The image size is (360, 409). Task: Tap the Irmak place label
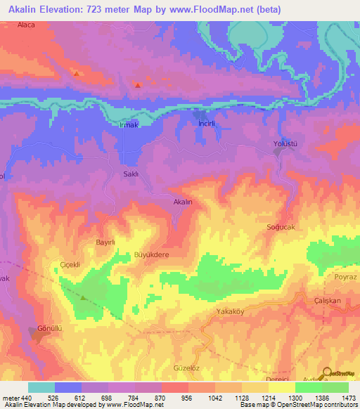129,125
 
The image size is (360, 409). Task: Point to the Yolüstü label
286,144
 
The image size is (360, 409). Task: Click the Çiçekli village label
72,266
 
